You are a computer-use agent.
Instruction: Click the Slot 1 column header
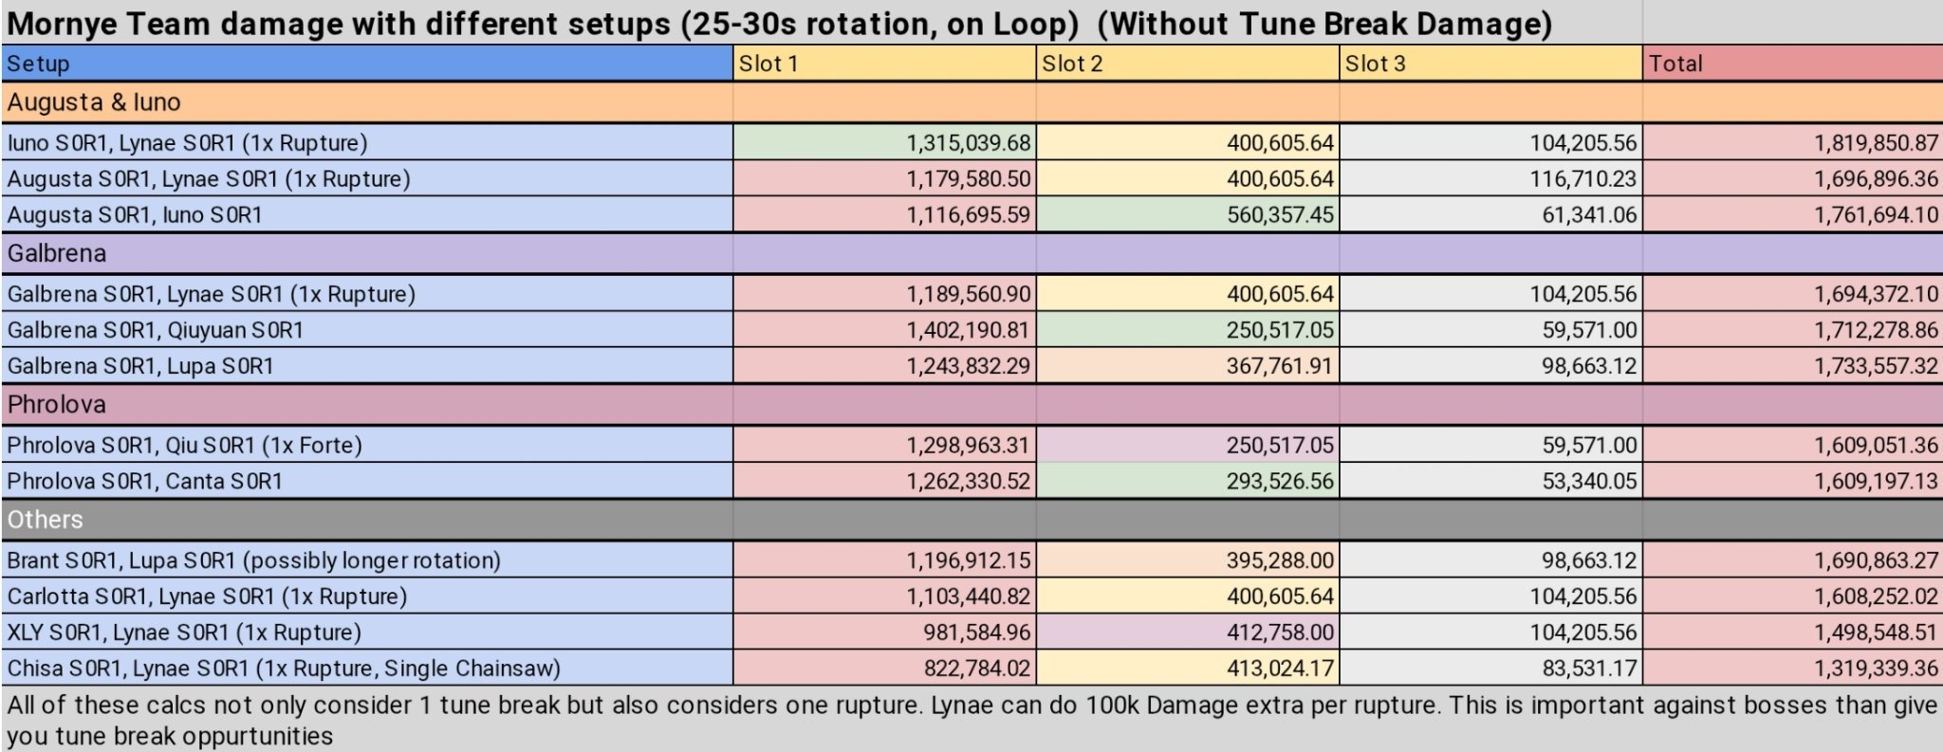coord(768,64)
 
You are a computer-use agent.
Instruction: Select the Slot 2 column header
coord(1072,64)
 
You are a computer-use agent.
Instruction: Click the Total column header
coord(1675,64)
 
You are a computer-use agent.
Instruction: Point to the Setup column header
coord(39,64)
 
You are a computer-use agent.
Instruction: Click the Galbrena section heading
coord(57,253)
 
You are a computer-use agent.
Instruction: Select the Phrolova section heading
coord(57,405)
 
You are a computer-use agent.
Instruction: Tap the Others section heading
coord(46,520)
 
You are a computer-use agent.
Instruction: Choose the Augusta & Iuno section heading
coord(94,102)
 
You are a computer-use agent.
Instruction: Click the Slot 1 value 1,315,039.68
coord(968,143)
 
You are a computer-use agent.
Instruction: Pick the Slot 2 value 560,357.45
coord(1280,215)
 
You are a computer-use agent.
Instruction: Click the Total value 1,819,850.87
coord(1876,143)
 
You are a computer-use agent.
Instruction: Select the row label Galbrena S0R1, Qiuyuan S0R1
coord(156,330)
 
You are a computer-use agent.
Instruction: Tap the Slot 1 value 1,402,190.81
coord(968,330)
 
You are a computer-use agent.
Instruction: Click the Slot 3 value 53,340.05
coord(1589,482)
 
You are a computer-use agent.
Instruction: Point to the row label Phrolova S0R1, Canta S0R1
coord(145,482)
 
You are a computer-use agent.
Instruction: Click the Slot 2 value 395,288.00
coord(1280,560)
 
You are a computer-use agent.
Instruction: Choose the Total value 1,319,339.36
coord(1876,669)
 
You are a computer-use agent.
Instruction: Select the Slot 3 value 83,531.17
coord(1589,669)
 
